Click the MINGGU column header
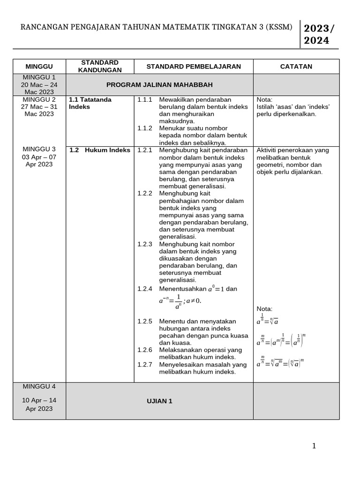[39, 67]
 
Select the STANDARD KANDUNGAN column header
[100, 66]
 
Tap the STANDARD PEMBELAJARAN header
[194, 67]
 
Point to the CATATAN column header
[296, 67]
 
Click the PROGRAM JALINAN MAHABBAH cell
[159, 85]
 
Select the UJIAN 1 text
[159, 401]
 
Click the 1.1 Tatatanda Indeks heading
[90, 103]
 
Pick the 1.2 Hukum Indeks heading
[100, 150]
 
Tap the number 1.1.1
[145, 100]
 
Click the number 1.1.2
[145, 128]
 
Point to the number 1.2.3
[145, 244]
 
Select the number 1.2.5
[145, 322]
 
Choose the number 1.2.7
[145, 365]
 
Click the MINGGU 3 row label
[39, 150]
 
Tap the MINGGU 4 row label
[39, 387]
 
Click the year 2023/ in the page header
[319, 28]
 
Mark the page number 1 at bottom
[314, 446]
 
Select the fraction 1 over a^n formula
[178, 301]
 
